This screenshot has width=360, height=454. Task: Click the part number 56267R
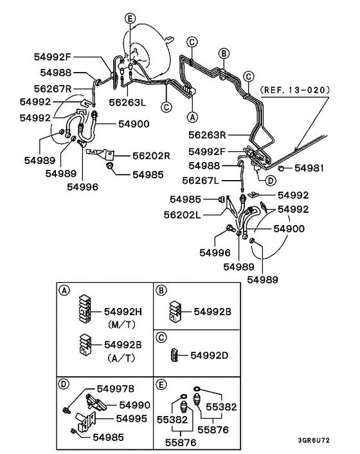(53, 87)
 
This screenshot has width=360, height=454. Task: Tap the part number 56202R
(151, 155)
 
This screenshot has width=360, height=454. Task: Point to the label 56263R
(206, 136)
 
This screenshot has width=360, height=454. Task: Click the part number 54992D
(208, 355)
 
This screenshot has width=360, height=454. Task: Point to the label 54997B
(116, 389)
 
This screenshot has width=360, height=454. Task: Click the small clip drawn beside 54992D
(174, 355)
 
